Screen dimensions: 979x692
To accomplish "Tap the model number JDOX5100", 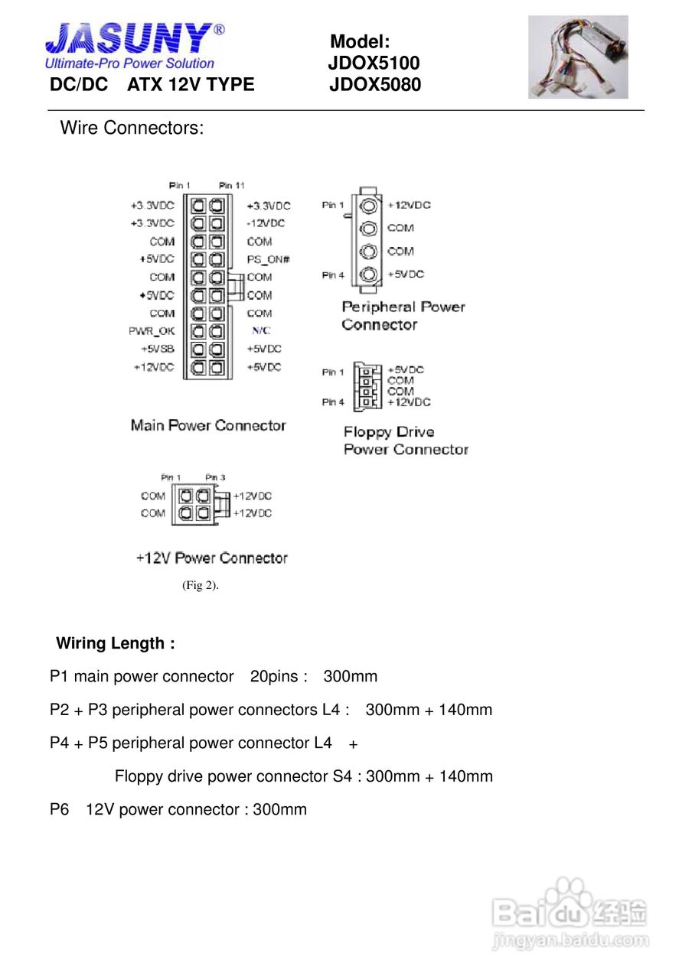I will click(x=374, y=63).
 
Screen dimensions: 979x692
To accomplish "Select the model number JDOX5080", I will click(x=375, y=85).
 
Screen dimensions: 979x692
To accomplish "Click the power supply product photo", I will click(x=578, y=57).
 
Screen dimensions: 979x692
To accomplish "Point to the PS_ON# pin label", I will click(x=268, y=259).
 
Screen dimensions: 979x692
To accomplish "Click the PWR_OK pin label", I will click(x=152, y=331).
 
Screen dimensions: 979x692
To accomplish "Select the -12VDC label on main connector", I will click(x=266, y=223).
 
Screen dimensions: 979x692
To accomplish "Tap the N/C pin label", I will click(x=260, y=331).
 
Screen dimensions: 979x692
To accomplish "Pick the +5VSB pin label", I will click(x=157, y=349).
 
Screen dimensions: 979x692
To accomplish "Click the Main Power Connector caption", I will click(x=208, y=425).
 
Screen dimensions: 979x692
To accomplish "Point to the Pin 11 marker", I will click(x=231, y=186).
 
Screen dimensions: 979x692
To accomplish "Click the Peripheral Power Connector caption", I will click(x=403, y=315).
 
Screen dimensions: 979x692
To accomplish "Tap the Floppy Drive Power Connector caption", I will click(x=405, y=441).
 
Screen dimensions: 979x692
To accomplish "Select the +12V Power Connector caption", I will click(x=211, y=558).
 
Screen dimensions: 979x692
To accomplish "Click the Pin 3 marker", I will click(x=215, y=478).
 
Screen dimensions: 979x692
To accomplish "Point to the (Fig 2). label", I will click(x=201, y=586).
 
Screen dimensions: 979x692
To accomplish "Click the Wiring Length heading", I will click(x=116, y=643).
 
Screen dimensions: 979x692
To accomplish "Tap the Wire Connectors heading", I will click(x=132, y=128).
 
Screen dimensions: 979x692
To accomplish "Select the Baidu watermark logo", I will click(x=570, y=914).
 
